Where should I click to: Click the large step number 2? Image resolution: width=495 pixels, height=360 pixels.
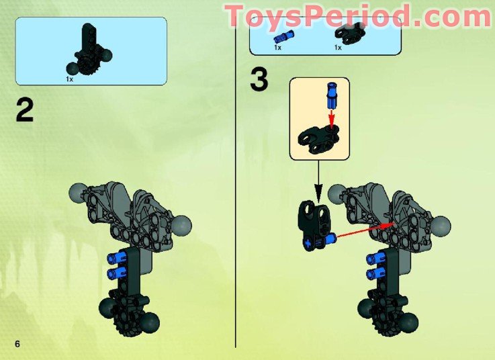click(25, 111)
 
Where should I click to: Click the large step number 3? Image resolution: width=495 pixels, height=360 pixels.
click(259, 80)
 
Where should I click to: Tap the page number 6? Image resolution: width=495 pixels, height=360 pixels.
click(18, 344)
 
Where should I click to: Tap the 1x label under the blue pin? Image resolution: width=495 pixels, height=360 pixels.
click(277, 48)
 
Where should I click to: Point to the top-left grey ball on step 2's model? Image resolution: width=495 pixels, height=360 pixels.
click(78, 195)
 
